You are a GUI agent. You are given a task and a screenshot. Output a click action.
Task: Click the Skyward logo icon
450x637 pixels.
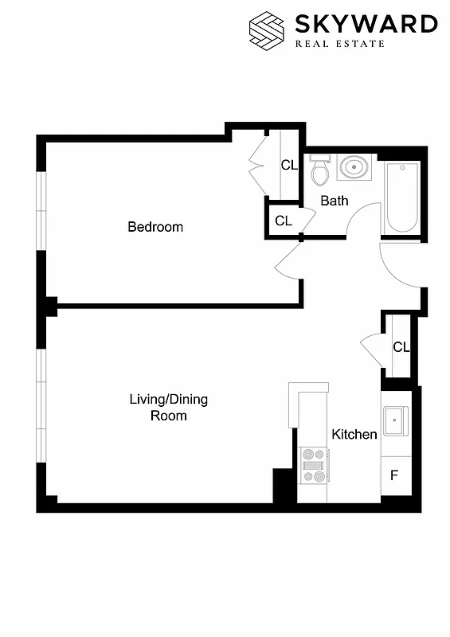[x=267, y=29]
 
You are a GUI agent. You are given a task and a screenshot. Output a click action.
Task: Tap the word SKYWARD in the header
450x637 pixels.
[x=367, y=24]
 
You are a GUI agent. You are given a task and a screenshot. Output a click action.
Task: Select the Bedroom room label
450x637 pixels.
[x=155, y=227]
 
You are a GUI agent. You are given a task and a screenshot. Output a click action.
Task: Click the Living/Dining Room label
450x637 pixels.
[x=168, y=407]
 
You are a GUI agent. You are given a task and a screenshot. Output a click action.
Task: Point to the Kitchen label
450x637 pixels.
[x=354, y=434]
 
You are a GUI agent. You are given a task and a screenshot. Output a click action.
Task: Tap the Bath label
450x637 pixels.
[x=335, y=201]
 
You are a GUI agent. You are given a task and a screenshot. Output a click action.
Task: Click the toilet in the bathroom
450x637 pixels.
[x=319, y=170]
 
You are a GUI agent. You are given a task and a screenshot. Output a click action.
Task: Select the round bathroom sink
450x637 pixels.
[x=354, y=168]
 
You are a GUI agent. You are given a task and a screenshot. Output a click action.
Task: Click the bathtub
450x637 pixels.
[x=401, y=197]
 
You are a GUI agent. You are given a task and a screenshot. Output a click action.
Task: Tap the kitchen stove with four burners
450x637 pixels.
[x=314, y=465]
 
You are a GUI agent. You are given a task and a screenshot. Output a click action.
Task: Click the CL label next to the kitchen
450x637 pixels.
[x=401, y=347]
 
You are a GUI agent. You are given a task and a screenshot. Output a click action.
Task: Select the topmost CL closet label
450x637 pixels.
[x=289, y=166]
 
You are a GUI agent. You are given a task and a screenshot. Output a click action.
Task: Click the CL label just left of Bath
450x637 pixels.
[x=283, y=221]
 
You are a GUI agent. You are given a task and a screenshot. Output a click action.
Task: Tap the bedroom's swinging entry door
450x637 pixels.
[x=288, y=259]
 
